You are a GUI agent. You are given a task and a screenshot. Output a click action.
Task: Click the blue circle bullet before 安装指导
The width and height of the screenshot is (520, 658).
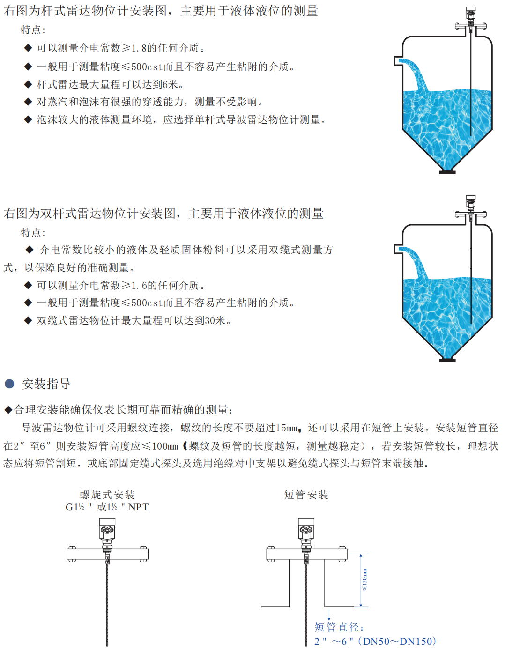(x=9, y=384)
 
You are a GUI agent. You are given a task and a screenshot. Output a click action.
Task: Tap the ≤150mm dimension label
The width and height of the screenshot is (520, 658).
(x=364, y=580)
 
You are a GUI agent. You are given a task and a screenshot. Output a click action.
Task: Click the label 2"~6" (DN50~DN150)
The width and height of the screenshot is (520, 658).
(x=375, y=642)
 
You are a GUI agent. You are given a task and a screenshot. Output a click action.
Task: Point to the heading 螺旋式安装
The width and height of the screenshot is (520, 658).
(x=107, y=495)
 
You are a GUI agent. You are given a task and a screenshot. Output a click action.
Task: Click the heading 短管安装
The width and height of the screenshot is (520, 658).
(x=306, y=495)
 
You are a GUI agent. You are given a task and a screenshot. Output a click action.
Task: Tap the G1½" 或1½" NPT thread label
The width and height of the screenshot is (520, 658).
(x=107, y=507)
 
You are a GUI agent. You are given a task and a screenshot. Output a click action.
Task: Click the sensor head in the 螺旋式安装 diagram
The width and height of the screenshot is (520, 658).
(x=107, y=529)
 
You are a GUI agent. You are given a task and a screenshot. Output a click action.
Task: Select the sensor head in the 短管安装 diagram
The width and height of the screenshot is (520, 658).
(x=306, y=529)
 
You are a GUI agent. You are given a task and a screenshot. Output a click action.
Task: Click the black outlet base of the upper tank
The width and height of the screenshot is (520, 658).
(x=447, y=172)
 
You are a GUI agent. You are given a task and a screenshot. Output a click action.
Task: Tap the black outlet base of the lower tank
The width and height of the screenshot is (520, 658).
(x=447, y=361)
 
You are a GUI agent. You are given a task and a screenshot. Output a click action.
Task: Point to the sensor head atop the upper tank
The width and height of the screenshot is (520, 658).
(x=471, y=13)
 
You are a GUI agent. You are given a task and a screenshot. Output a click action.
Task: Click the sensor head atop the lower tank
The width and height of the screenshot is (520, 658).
(x=471, y=201)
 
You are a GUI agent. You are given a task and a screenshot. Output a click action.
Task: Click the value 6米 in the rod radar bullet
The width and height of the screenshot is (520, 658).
(x=170, y=84)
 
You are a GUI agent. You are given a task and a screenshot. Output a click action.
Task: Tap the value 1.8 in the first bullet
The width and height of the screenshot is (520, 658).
(x=139, y=48)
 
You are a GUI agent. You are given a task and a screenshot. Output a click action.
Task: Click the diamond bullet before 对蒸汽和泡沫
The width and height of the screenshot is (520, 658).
(x=28, y=102)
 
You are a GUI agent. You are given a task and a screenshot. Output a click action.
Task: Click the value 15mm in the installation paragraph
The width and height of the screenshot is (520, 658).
(x=286, y=428)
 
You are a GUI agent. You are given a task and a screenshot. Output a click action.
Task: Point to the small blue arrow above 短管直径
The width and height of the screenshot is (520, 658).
(x=329, y=614)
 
